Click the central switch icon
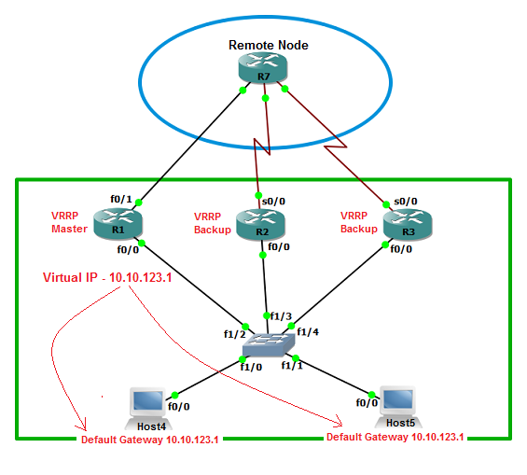point(266,346)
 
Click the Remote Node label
point(269,44)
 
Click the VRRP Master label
point(69,222)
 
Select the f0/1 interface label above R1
point(121,199)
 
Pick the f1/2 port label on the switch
point(234,333)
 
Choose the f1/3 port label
point(279,315)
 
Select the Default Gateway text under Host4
point(149,440)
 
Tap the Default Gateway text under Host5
point(395,437)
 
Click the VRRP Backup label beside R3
point(358,222)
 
